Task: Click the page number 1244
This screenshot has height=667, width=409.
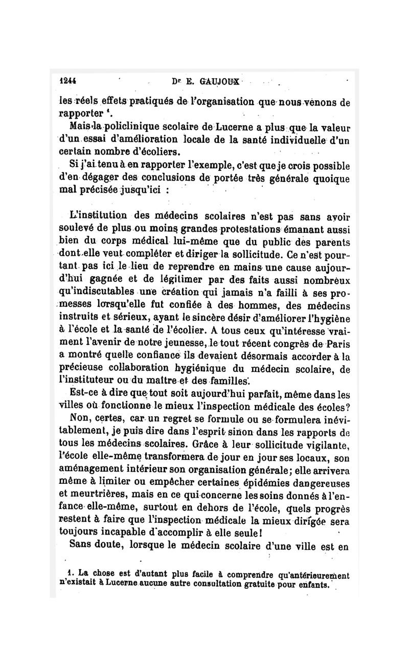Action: [x=68, y=81]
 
